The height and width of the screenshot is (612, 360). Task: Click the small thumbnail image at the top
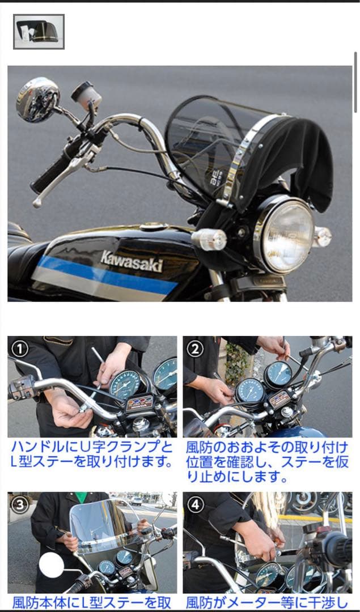(39, 32)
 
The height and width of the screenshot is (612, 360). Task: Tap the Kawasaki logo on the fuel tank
(132, 261)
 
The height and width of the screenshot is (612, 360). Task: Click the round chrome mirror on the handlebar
(37, 100)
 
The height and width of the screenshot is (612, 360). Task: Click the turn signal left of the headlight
(210, 240)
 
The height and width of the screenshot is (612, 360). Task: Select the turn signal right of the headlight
(323, 236)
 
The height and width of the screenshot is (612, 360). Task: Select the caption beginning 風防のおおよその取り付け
(267, 461)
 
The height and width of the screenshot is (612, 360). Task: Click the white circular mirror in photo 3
(52, 565)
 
